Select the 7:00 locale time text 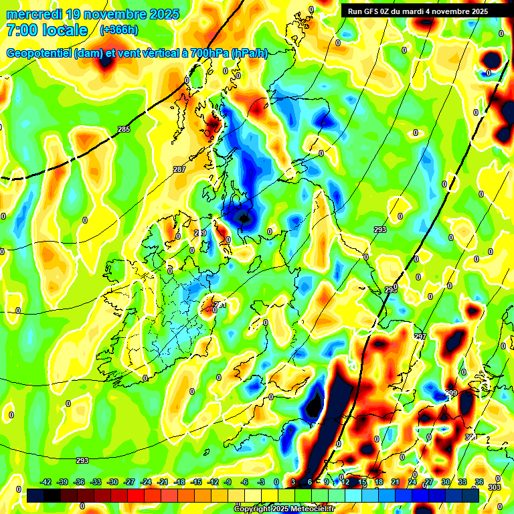pos(47,30)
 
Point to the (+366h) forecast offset pos(119,30)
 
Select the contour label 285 pos(124,129)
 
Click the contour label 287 pos(179,169)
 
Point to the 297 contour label pos(420,337)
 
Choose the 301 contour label pos(471,437)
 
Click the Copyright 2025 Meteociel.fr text pos(283,509)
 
